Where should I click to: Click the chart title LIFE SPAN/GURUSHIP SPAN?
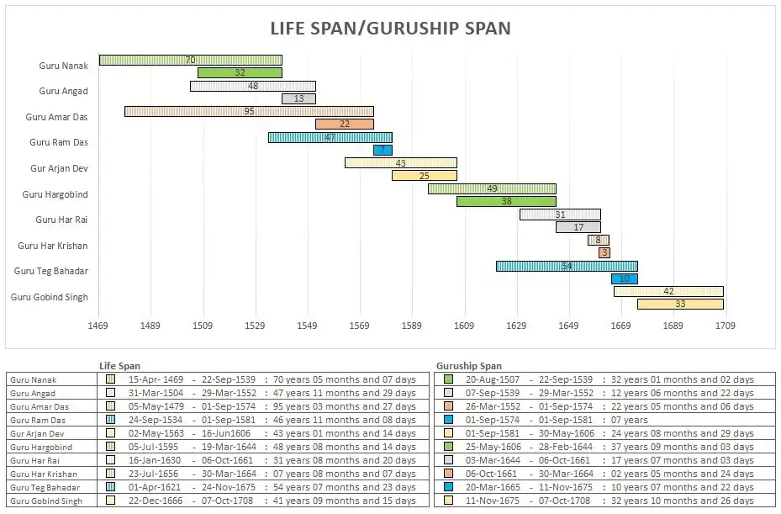click(390, 28)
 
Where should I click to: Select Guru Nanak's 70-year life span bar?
click(190, 60)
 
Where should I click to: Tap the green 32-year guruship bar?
click(240, 73)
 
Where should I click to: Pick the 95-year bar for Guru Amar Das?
click(249, 111)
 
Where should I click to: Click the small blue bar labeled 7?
click(383, 150)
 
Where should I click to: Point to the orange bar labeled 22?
click(344, 125)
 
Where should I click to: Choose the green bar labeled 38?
click(506, 201)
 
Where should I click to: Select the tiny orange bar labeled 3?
click(604, 252)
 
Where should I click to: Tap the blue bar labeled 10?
click(624, 278)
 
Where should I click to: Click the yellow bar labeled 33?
click(679, 304)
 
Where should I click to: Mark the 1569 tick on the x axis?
click(359, 325)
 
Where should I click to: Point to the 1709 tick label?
click(724, 325)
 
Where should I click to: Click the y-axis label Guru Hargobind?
click(55, 194)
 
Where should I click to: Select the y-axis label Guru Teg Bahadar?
click(51, 271)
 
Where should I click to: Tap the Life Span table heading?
click(120, 366)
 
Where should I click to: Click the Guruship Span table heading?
click(469, 366)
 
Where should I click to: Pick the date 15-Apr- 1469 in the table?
click(156, 379)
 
